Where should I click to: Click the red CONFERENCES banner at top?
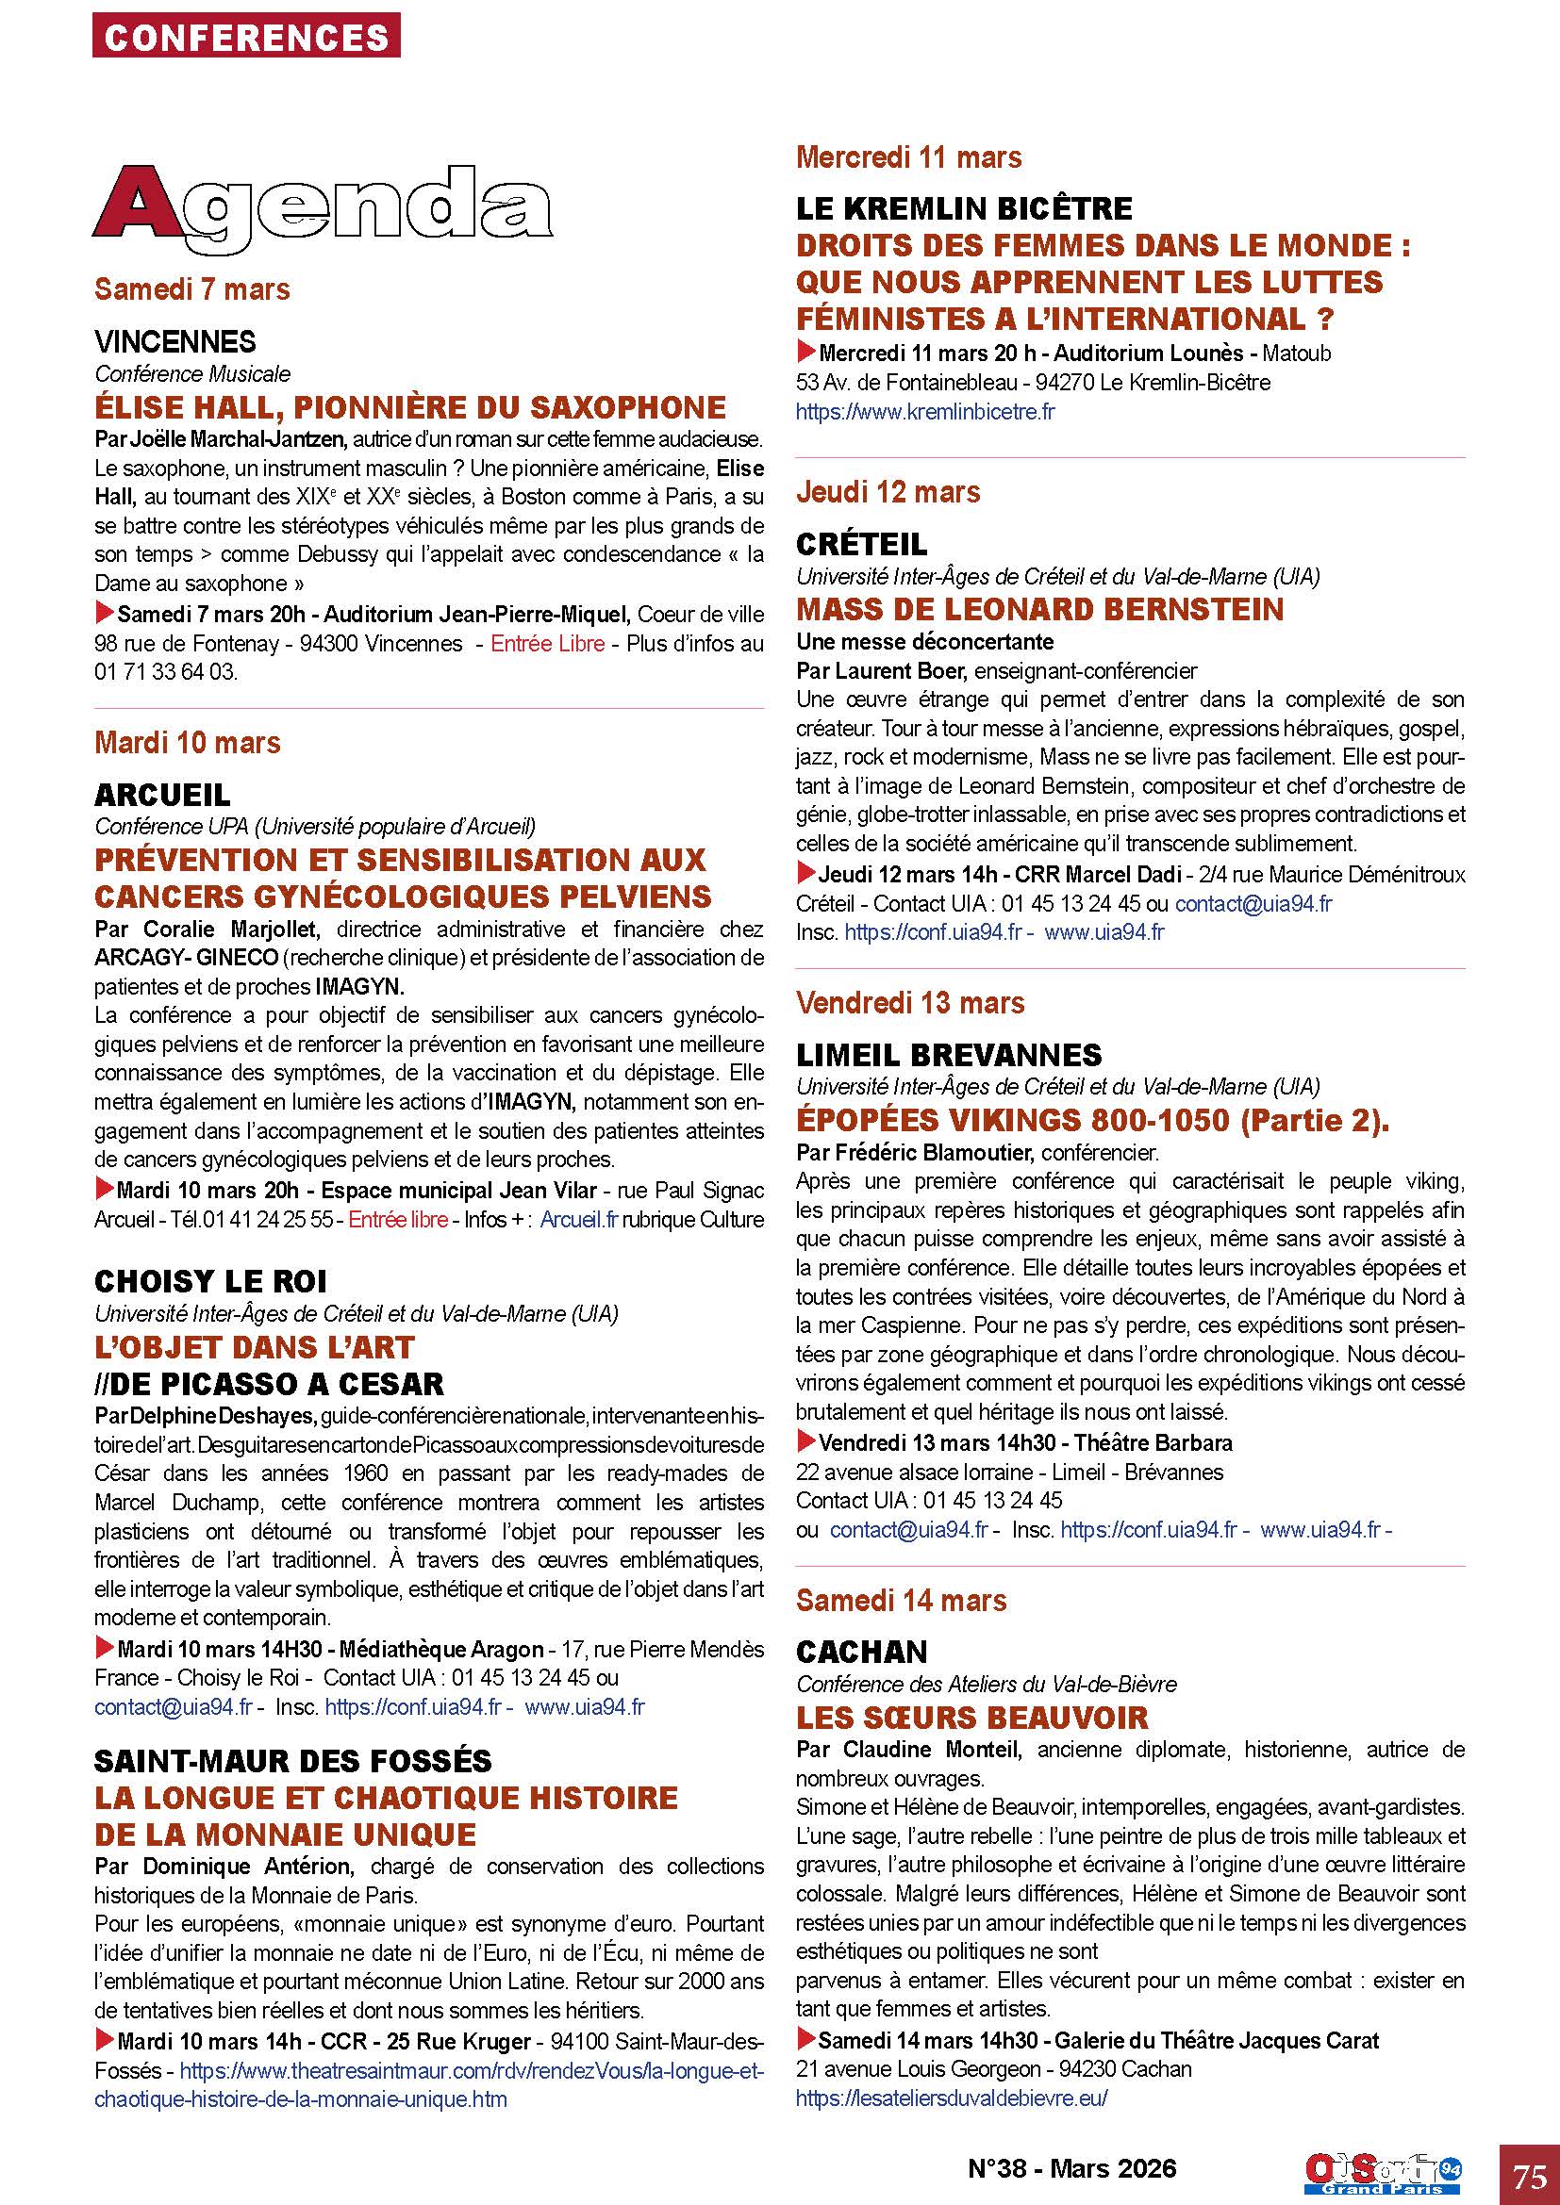pos(246,37)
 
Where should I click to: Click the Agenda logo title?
pos(323,206)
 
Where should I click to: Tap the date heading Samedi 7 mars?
pos(192,289)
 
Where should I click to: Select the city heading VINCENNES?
pos(174,341)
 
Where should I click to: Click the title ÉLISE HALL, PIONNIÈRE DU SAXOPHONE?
pos(410,407)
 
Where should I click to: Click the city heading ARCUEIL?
pos(162,794)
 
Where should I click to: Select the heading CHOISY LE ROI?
pos(210,1281)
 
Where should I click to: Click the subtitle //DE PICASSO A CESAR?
pos(269,1384)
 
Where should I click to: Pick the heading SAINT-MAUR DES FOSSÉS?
pos(293,1760)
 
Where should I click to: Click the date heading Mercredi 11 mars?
pos(908,156)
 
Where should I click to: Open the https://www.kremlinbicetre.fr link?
pos(925,412)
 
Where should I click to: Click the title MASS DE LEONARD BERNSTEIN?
pos(1039,609)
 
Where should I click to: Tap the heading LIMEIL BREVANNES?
pos(948,1055)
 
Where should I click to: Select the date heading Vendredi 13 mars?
pos(909,1003)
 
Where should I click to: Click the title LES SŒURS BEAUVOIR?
pos(972,1717)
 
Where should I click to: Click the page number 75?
pos(1528,2174)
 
